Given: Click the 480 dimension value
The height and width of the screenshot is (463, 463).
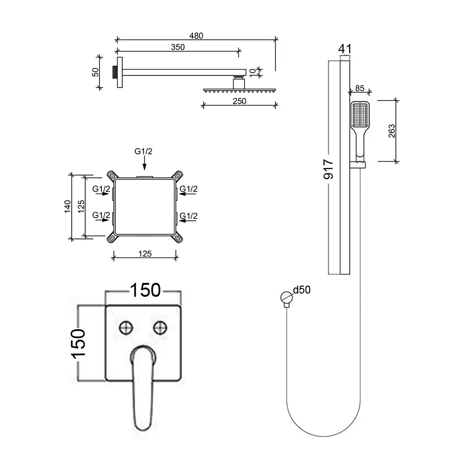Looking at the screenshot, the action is (196, 36).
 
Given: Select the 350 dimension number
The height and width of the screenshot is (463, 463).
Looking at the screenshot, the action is (178, 47).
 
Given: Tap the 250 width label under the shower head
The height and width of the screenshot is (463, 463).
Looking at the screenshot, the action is (239, 101).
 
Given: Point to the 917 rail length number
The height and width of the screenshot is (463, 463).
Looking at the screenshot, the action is (328, 169).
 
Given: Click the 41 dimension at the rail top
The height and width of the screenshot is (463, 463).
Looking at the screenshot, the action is (345, 49).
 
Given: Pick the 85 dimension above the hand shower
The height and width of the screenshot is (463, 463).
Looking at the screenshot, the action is (360, 88).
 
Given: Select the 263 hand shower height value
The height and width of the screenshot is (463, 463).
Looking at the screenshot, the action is (392, 131).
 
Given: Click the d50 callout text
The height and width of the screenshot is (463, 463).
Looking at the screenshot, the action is (302, 290).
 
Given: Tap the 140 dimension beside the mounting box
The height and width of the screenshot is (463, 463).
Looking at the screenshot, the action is (68, 206).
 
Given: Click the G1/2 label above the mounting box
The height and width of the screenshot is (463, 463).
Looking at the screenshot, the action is (144, 151).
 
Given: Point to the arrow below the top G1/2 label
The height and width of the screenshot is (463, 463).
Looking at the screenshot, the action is (144, 163).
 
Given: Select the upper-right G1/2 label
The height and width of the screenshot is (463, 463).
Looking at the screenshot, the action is (188, 189).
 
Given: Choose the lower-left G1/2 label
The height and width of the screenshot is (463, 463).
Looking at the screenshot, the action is (101, 215).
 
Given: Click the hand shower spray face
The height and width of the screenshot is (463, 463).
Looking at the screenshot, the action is (360, 115).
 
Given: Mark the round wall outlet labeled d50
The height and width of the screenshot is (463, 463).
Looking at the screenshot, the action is (286, 297).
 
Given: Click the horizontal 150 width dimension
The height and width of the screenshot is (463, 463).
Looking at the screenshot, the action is (145, 290).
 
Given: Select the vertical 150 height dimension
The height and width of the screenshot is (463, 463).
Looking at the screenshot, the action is (79, 344).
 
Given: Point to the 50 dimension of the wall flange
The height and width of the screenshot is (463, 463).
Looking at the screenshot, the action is (96, 72).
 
